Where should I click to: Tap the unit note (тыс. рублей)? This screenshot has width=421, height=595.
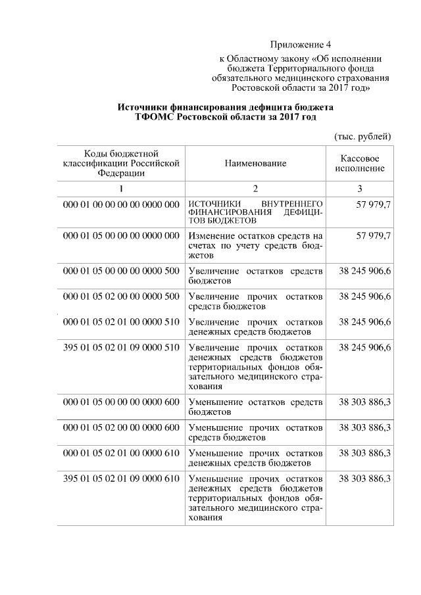pos(363,136)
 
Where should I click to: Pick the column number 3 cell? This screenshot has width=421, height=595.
pos(360,189)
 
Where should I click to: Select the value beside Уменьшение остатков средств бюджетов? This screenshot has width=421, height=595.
pos(365,402)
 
